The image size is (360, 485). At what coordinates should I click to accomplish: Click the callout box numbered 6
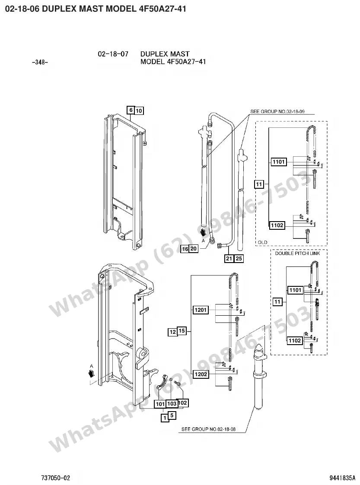[131, 110]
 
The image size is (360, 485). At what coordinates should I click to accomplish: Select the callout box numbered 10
[139, 111]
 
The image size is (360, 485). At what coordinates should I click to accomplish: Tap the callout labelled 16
[185, 249]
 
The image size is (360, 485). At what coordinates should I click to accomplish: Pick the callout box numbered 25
[239, 258]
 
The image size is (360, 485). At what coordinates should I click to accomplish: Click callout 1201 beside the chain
[201, 310]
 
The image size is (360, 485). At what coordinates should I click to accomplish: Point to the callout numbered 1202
[201, 374]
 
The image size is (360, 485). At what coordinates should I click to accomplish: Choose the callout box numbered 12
[173, 332]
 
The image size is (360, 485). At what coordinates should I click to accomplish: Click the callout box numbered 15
[182, 331]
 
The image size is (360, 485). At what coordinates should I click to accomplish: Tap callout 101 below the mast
[160, 404]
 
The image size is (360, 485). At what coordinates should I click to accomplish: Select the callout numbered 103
[172, 404]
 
